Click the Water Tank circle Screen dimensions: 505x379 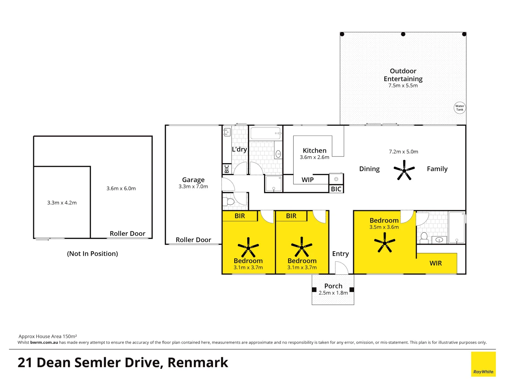tap(459, 108)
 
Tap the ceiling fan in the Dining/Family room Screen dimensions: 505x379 tap(404, 171)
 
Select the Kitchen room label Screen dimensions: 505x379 tap(315, 151)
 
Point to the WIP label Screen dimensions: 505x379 tap(308, 180)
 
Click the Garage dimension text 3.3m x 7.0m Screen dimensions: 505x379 tap(193, 187)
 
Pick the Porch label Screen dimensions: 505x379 tap(333, 286)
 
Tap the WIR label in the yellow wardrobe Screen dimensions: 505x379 tap(436, 263)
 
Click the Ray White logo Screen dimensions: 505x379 tap(483, 364)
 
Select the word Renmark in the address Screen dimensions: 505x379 tap(198, 363)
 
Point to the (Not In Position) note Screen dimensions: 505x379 tap(93, 254)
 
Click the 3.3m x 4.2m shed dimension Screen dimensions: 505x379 tap(62, 203)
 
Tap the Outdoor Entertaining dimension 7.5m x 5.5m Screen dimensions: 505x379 tap(403, 86)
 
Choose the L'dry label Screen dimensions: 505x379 tap(240, 149)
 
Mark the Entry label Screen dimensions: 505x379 tap(340, 254)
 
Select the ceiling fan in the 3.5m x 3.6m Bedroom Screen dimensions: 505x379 tap(385, 243)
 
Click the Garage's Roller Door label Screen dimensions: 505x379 tap(193, 240)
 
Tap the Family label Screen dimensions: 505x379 tap(437, 169)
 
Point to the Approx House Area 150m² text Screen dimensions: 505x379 tap(48, 336)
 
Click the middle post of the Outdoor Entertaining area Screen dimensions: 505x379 tap(403, 34)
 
